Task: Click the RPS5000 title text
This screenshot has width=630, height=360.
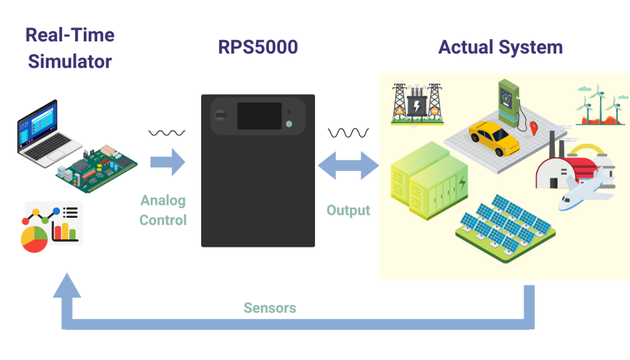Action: coord(258,47)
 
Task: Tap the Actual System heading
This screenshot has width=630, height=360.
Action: coord(500,47)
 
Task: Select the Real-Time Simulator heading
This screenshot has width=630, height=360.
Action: coord(70,47)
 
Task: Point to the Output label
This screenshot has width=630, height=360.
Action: coord(348,210)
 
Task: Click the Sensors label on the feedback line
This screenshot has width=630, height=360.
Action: coord(270,308)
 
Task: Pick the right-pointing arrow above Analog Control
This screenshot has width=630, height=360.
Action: coord(169,162)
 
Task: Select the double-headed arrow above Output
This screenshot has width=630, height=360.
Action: coord(348,166)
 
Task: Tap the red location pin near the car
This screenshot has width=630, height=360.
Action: coord(533,128)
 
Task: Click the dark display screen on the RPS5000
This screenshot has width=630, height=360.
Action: coord(260,116)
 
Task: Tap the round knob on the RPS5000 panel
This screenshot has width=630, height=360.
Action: coord(220,114)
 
